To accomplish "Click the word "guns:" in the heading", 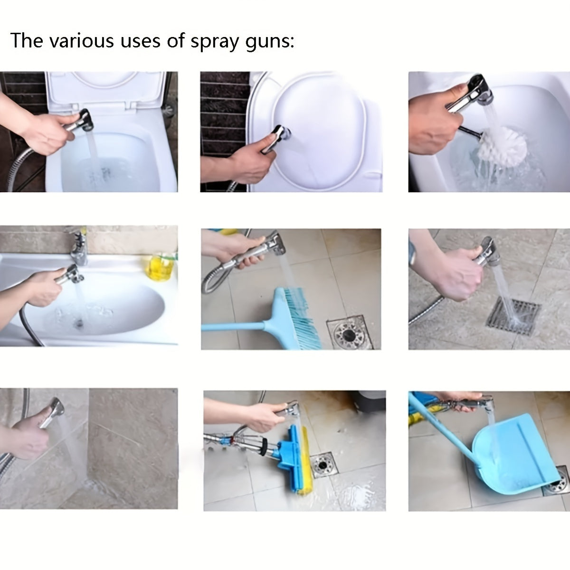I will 268,42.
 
